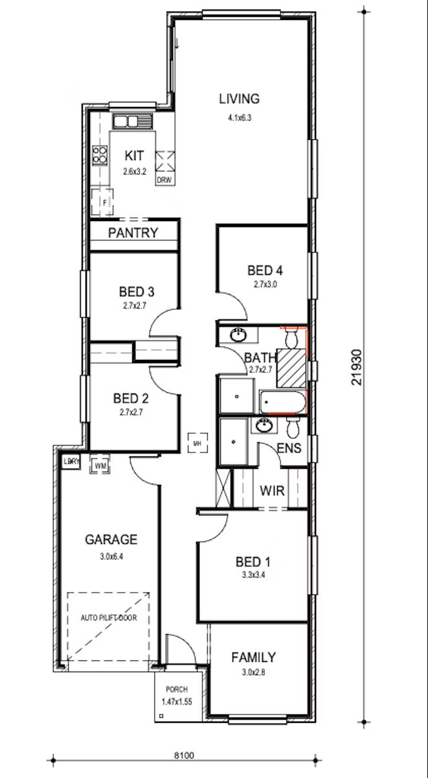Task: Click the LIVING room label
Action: pyautogui.click(x=239, y=99)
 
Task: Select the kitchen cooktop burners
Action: pyautogui.click(x=100, y=155)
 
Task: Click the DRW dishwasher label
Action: pyautogui.click(x=164, y=181)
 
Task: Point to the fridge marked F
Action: pyautogui.click(x=102, y=202)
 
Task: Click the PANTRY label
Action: pyautogui.click(x=133, y=233)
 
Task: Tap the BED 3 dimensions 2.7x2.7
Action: pyautogui.click(x=135, y=306)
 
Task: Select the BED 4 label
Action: pyautogui.click(x=265, y=270)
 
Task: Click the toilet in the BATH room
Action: pyautogui.click(x=291, y=338)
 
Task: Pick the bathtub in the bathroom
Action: pyautogui.click(x=283, y=402)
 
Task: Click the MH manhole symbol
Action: pyautogui.click(x=197, y=443)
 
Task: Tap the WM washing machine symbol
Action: pyautogui.click(x=100, y=465)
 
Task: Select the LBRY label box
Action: pyautogui.click(x=71, y=462)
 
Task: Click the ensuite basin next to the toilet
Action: pyautogui.click(x=265, y=425)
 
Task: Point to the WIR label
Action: pyautogui.click(x=272, y=491)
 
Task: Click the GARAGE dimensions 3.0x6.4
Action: pyautogui.click(x=111, y=556)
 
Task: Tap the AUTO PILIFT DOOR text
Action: pyautogui.click(x=109, y=618)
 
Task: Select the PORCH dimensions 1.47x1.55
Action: pyautogui.click(x=177, y=701)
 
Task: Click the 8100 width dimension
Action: pyautogui.click(x=184, y=755)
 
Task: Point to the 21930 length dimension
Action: pyautogui.click(x=357, y=368)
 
